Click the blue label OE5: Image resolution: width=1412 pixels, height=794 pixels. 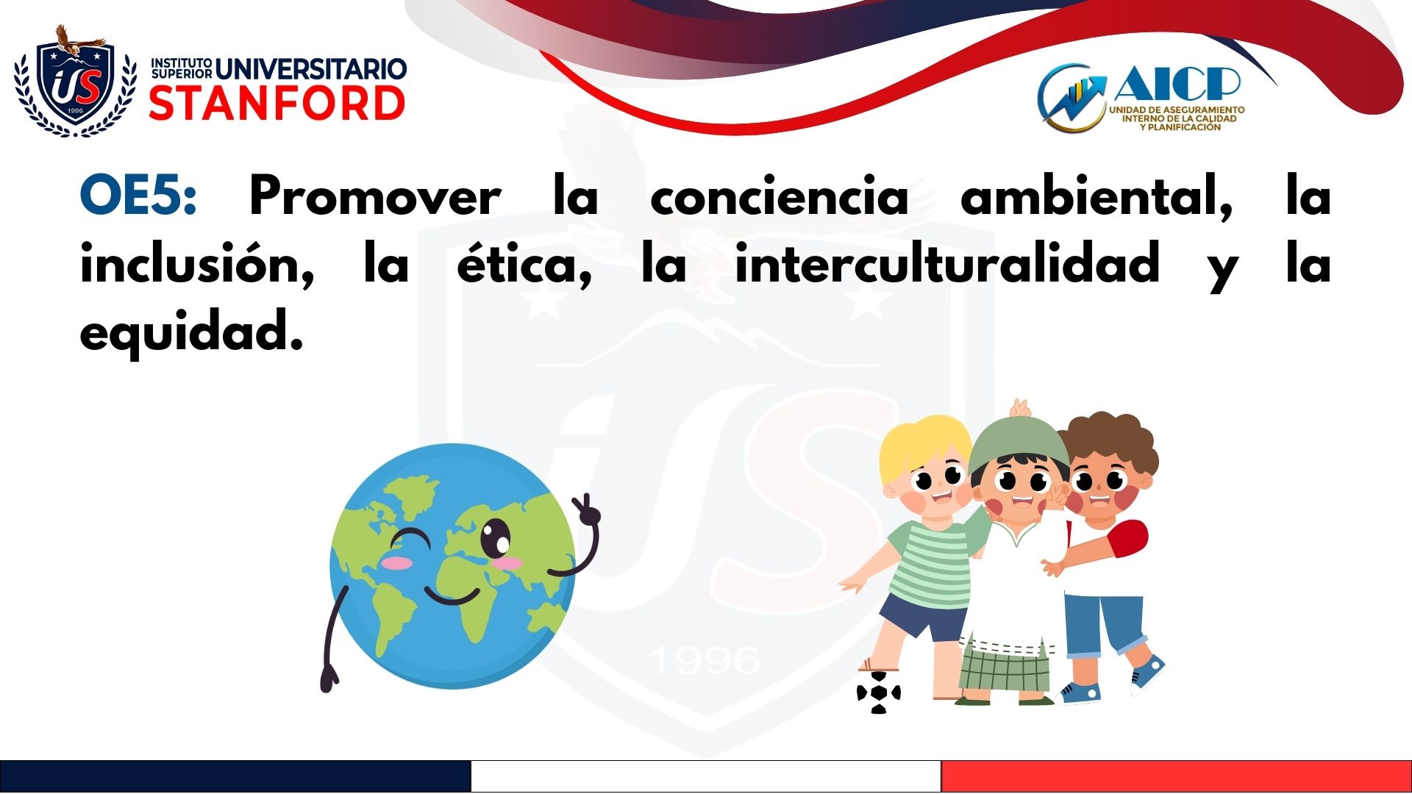tap(138, 196)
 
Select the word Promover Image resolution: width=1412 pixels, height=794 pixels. tap(375, 196)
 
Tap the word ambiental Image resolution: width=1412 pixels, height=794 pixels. tap(1096, 196)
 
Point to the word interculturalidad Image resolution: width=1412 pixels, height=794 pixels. tap(947, 263)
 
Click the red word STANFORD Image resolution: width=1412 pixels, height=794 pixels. tap(277, 103)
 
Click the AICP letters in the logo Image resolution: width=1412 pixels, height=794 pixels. tap(1177, 83)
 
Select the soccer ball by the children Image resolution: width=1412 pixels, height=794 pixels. tap(878, 693)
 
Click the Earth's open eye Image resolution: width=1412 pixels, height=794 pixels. tap(496, 538)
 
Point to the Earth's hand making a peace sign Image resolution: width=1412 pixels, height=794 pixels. tap(587, 509)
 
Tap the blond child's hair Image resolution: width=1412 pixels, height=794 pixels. tap(923, 446)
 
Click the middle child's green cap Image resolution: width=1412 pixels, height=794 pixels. tap(1019, 443)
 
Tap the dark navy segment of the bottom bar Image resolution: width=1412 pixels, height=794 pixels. tap(235, 776)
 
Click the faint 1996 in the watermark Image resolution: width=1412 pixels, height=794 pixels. tap(706, 659)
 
